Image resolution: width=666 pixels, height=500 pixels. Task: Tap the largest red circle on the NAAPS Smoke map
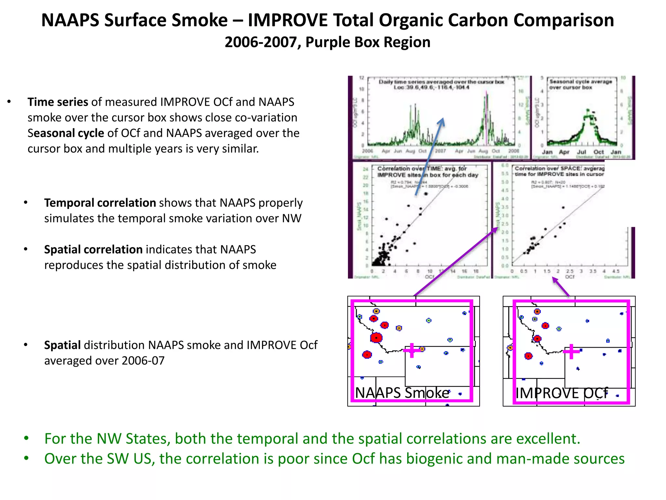pos(376,338)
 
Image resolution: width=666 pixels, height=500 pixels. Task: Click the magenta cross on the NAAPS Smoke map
pos(412,350)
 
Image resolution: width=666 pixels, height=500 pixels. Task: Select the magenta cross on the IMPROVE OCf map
pos(571,352)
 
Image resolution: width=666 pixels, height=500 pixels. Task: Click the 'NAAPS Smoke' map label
pos(402,393)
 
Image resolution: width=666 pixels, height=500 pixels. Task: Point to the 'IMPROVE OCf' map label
pos(562,393)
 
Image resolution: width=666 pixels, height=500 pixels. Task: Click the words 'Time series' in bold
pos(58,102)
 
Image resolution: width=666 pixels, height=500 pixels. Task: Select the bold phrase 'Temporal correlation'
pos(100,203)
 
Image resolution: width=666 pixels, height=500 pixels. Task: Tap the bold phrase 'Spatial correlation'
pos(93,250)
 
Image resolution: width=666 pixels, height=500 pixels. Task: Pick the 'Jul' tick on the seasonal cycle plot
pos(581,152)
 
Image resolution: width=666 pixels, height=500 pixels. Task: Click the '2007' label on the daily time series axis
pos(440,151)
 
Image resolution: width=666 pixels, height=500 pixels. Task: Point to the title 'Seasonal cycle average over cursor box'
pos(580,84)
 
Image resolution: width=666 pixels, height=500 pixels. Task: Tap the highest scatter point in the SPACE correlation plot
pos(563,207)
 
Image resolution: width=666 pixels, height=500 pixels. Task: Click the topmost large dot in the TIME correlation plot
pos(426,194)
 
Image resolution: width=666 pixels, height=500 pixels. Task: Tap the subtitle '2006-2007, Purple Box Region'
pos(327,42)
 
